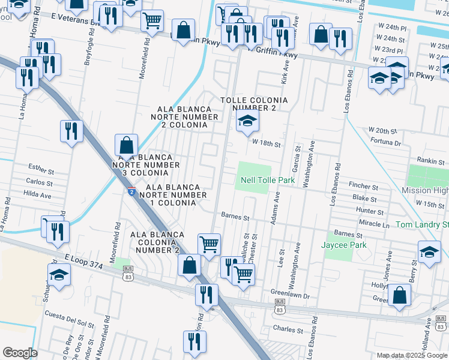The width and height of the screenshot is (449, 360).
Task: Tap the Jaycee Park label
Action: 339,245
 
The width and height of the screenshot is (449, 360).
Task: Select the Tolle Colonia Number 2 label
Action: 254,104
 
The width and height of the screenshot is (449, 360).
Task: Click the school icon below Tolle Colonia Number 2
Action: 247,122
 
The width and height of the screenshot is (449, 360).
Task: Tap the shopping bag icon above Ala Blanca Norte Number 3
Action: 127,145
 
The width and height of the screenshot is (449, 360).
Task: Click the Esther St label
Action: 41,166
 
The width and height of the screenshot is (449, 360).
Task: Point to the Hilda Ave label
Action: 37,195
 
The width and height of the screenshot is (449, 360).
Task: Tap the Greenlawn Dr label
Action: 289,296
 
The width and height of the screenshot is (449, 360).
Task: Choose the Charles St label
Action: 288,329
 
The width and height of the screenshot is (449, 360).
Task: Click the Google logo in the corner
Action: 20,353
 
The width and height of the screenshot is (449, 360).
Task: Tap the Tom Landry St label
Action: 422,224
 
